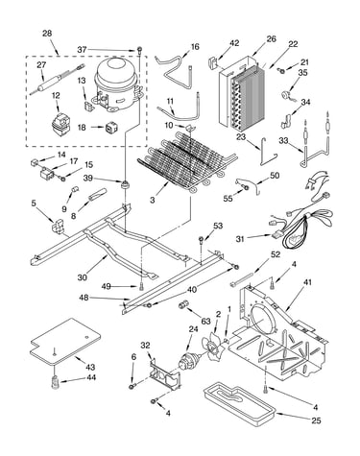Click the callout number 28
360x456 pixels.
47,34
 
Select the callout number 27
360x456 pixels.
41,65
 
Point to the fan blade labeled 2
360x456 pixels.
212,347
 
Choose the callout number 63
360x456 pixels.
205,321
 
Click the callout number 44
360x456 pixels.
91,377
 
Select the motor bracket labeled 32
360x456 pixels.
165,373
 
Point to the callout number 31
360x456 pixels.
241,238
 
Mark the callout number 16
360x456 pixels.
195,47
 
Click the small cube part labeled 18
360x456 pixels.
109,128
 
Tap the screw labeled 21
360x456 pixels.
282,71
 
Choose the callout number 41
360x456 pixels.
306,282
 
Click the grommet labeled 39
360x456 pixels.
124,184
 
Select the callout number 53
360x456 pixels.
218,226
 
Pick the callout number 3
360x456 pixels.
153,200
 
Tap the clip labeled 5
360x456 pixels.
59,225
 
